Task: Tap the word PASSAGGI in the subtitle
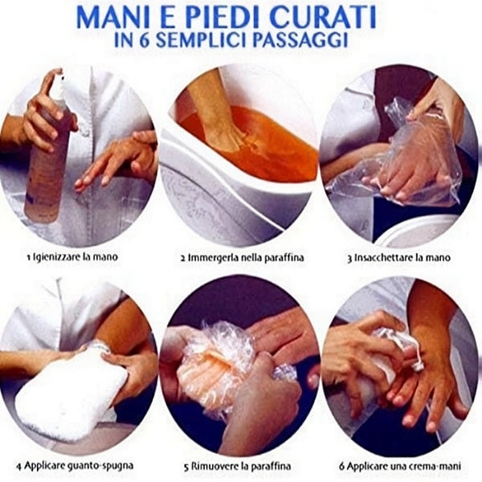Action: (x=300, y=40)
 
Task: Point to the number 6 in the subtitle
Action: (x=145, y=40)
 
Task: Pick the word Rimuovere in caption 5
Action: (x=212, y=466)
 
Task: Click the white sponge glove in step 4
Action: (x=71, y=390)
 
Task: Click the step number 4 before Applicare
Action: (x=19, y=466)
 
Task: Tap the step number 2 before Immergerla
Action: (x=183, y=257)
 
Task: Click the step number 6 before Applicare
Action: (x=342, y=466)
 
